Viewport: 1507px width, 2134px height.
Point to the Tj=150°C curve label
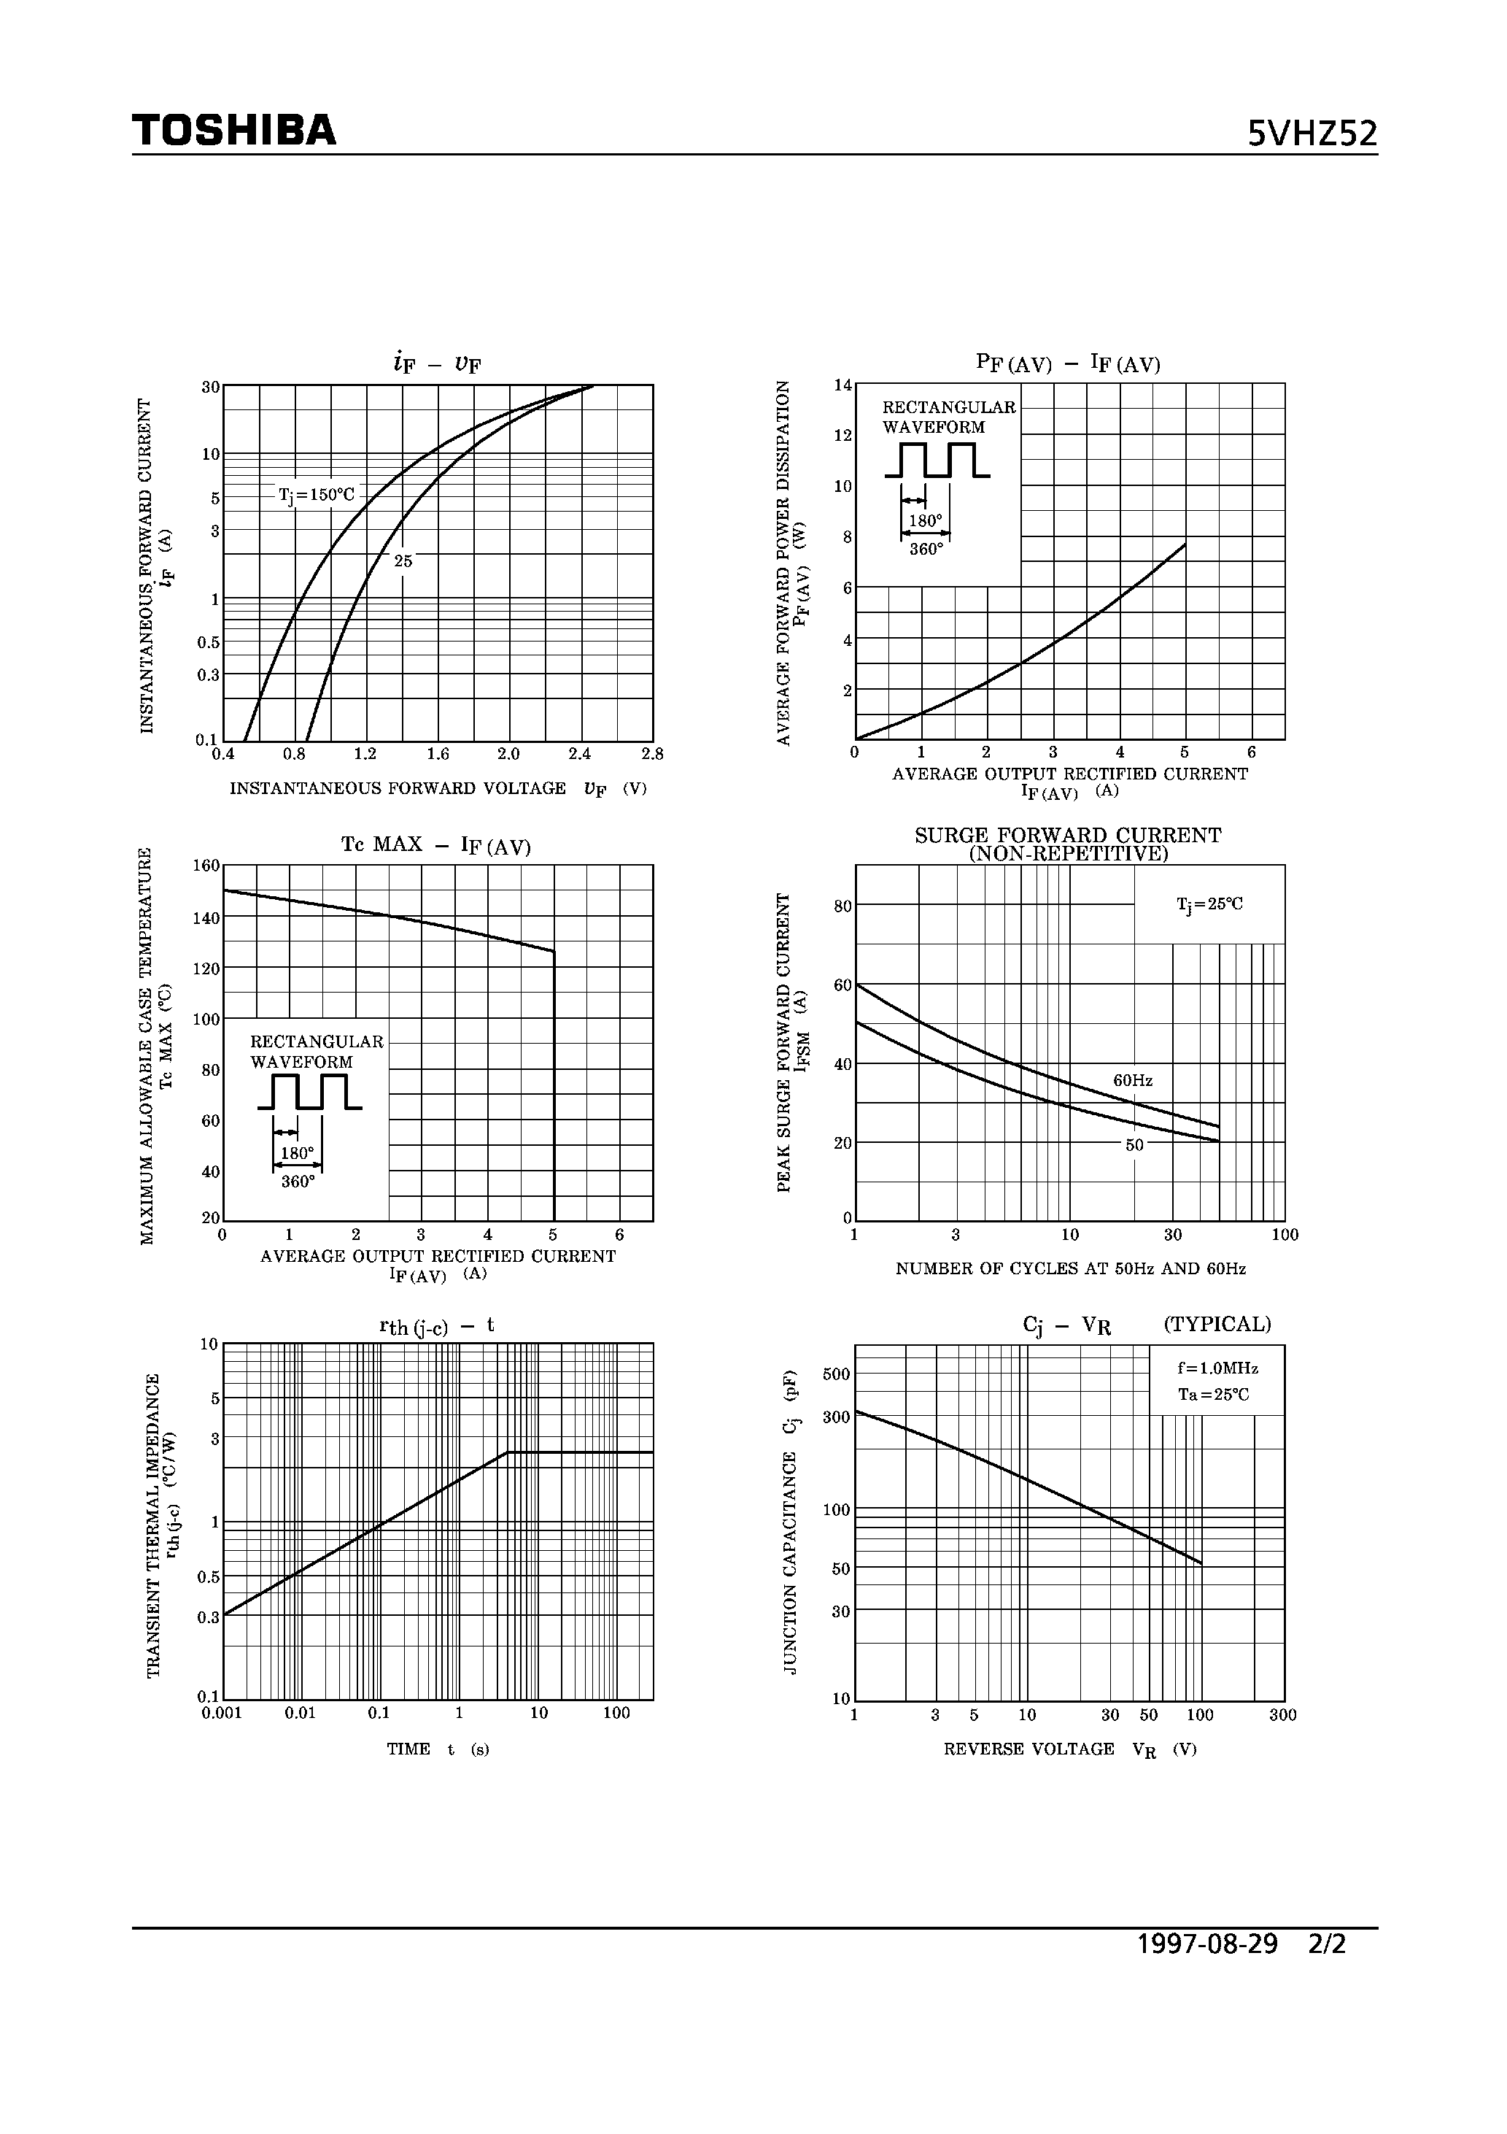click(x=317, y=496)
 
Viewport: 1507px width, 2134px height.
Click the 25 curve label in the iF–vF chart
click(x=403, y=561)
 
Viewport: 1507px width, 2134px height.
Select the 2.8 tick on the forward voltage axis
click(x=652, y=754)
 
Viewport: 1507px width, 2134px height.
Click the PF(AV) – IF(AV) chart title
click(x=1068, y=363)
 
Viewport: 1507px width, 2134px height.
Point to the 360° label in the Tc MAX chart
click(x=298, y=1182)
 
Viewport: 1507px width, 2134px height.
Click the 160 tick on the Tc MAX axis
click(x=206, y=866)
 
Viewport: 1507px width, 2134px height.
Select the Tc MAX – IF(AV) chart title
click(x=435, y=845)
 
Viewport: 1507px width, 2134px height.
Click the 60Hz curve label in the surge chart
click(x=1133, y=1080)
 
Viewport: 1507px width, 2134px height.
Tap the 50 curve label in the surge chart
click(x=1134, y=1145)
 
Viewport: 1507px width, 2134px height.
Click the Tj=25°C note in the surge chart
click(x=1209, y=904)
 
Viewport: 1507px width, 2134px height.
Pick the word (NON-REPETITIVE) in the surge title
click(x=1068, y=853)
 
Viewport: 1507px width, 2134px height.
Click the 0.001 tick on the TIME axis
click(x=221, y=1713)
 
